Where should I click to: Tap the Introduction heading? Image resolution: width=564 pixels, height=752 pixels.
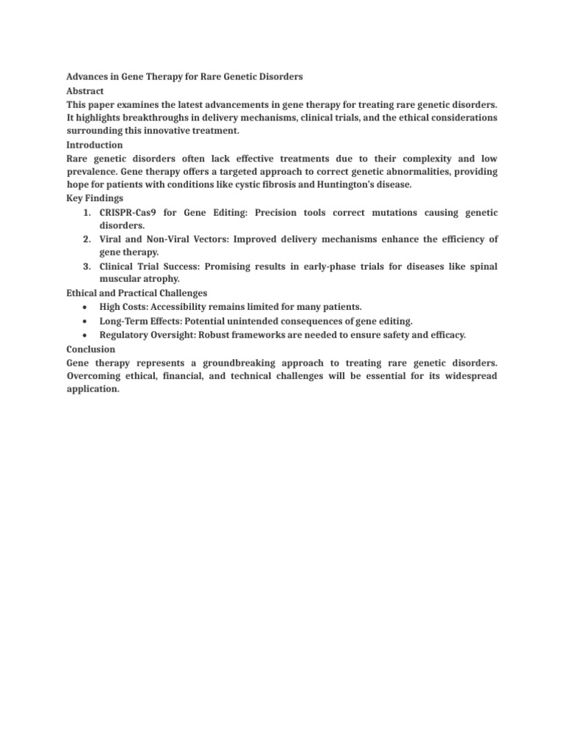(95, 145)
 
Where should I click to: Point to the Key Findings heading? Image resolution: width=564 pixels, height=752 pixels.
(94, 198)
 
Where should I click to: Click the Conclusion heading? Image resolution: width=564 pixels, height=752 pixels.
(90, 350)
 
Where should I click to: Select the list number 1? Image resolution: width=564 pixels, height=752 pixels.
(87, 212)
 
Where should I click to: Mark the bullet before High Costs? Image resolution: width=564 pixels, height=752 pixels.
(87, 306)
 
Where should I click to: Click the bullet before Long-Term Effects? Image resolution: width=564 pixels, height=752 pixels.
(87, 320)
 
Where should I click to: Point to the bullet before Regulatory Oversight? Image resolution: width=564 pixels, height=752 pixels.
(87, 335)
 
